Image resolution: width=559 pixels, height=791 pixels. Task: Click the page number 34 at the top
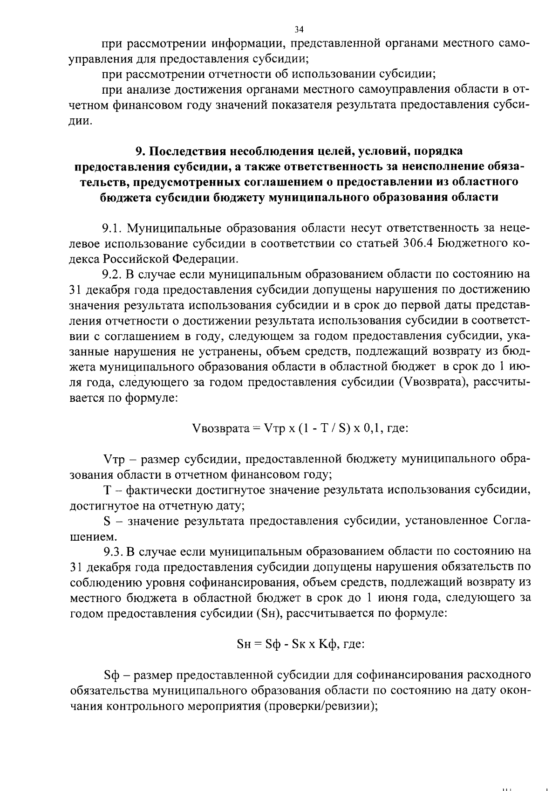(x=299, y=30)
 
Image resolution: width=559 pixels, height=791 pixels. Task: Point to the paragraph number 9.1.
(x=112, y=228)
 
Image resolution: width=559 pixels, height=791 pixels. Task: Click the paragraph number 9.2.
(x=112, y=274)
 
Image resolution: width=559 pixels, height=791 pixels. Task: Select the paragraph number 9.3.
(x=113, y=551)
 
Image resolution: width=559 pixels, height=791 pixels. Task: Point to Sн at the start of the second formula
(x=245, y=644)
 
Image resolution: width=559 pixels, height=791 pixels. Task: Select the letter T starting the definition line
(x=107, y=490)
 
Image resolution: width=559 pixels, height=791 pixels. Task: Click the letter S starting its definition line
(x=106, y=520)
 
